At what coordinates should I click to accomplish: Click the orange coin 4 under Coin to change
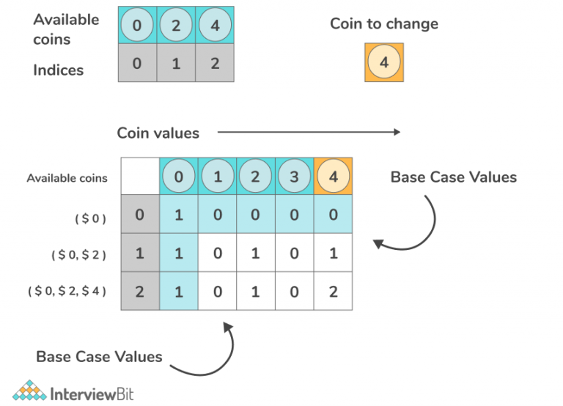tap(384, 62)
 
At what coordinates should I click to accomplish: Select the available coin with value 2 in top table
tap(176, 25)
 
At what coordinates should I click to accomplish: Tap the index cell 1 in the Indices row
tap(176, 63)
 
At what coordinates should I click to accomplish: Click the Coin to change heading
tap(383, 23)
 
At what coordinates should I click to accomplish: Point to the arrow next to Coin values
tap(309, 133)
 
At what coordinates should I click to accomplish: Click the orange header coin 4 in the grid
tap(333, 177)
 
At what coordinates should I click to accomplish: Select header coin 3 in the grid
tap(295, 177)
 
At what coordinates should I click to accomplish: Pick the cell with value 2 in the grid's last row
tap(333, 291)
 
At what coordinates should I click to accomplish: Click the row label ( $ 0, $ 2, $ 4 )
tap(67, 291)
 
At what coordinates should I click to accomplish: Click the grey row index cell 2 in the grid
tap(139, 291)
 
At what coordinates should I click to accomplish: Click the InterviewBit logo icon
tap(29, 391)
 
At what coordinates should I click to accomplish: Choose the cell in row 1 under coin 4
tap(333, 254)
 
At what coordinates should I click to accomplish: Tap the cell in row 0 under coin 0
tap(179, 216)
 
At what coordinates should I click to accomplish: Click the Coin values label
tap(158, 133)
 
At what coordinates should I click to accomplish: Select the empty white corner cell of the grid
tap(140, 177)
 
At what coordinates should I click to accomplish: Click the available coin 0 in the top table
tap(137, 25)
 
